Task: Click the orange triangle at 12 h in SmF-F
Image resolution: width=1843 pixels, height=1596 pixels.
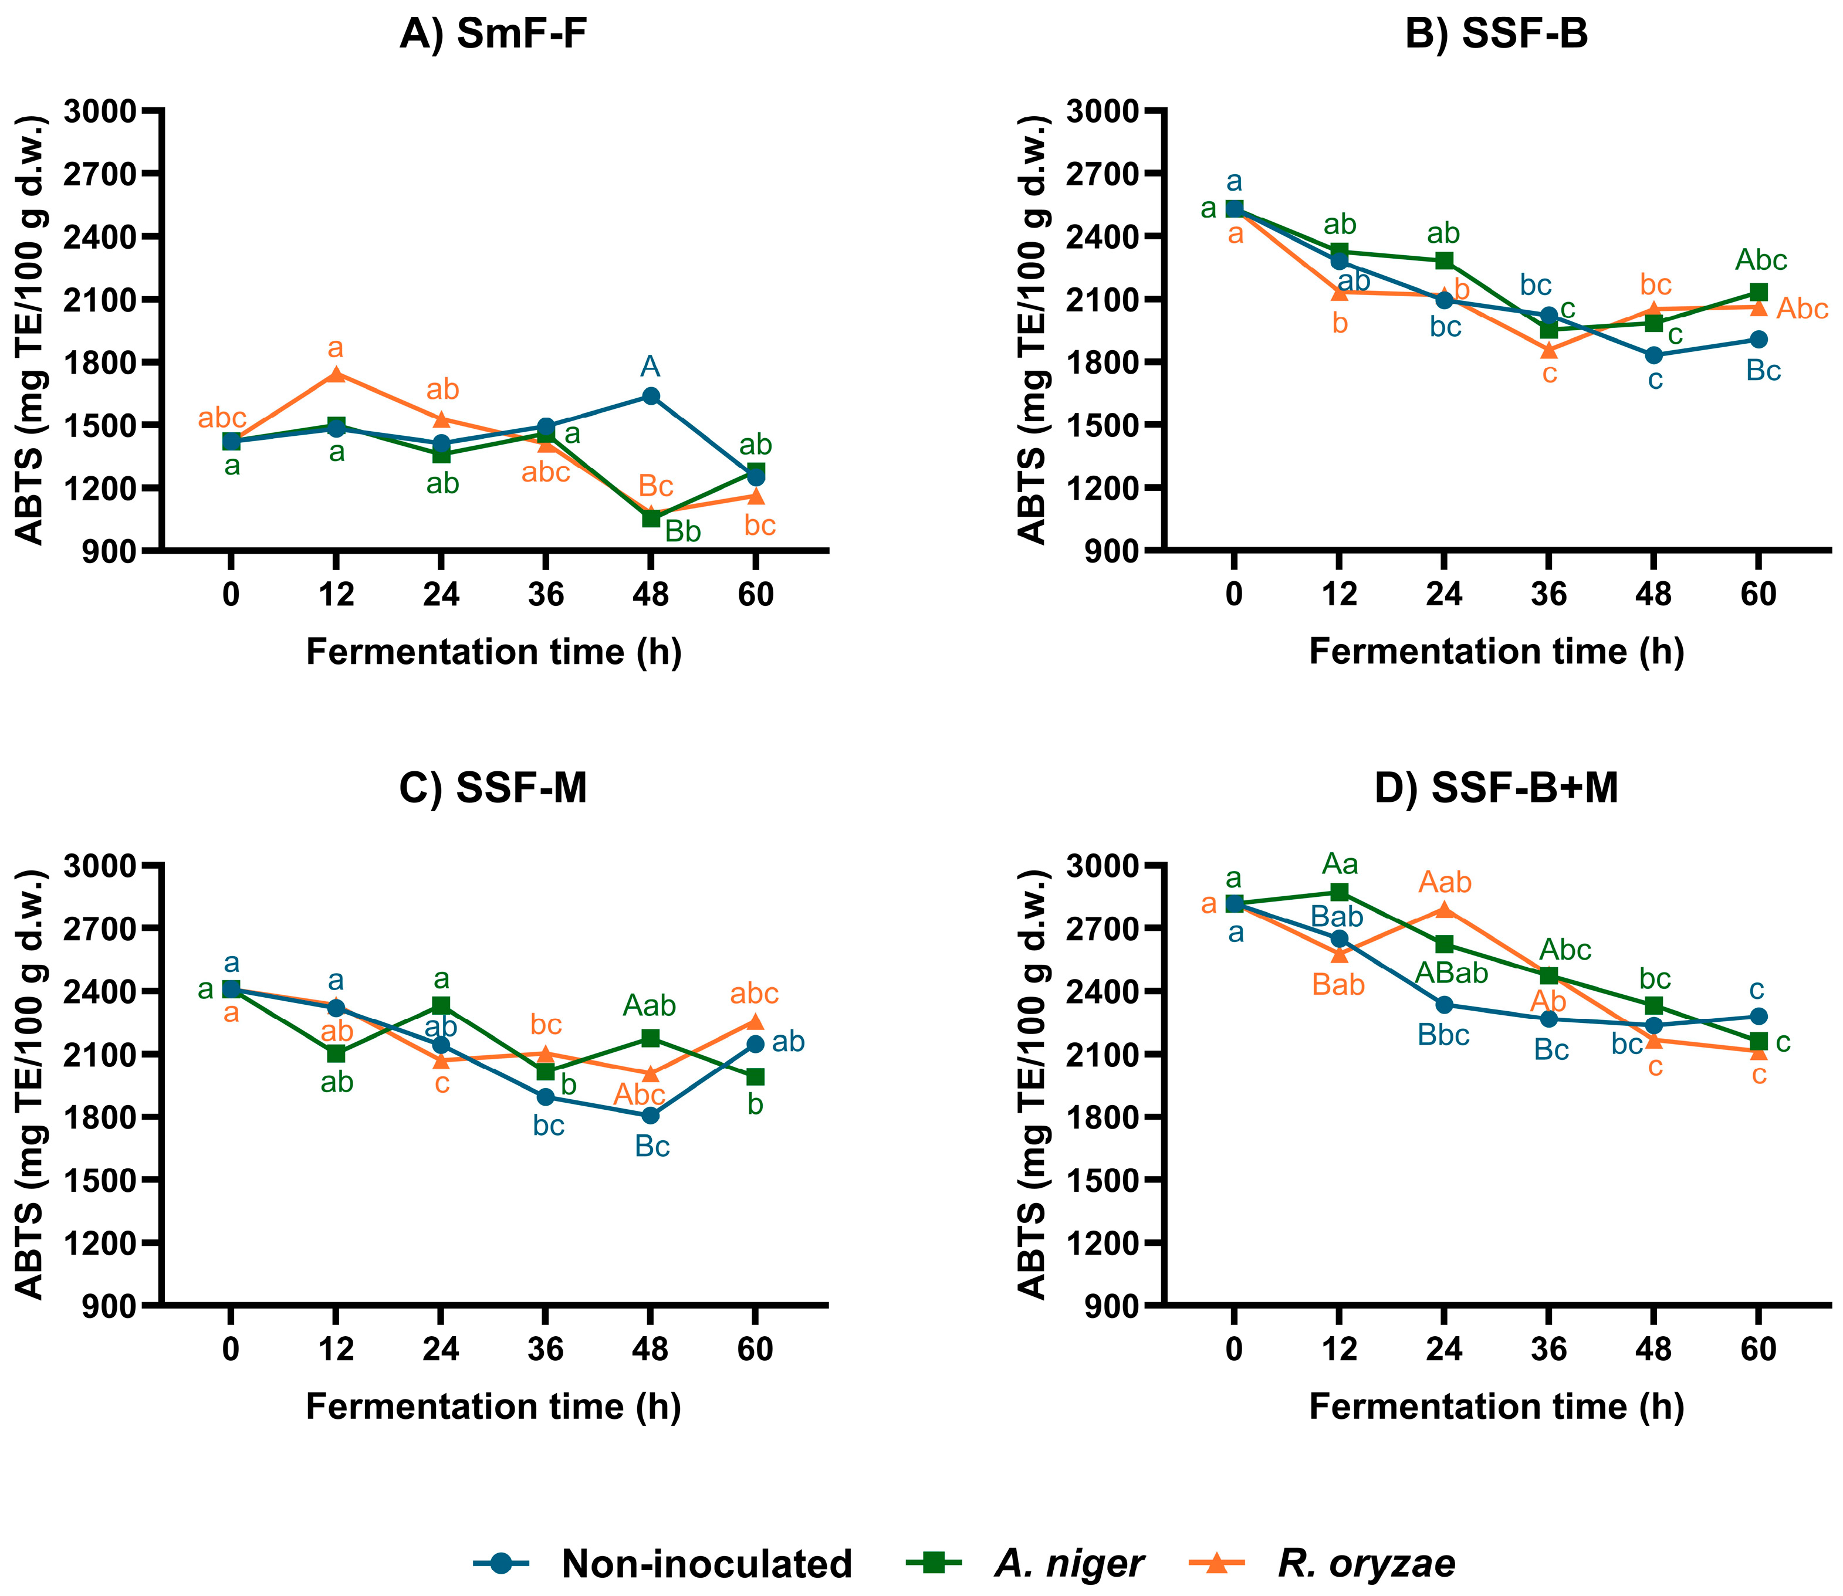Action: (336, 374)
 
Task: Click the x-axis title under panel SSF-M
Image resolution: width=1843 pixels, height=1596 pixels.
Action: (493, 1407)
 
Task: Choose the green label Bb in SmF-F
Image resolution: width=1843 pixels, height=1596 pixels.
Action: (683, 531)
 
